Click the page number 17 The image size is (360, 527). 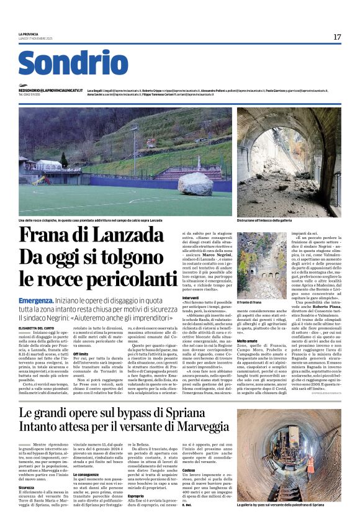337,37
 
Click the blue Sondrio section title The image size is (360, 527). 73,63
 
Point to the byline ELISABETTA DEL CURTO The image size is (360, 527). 38,327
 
